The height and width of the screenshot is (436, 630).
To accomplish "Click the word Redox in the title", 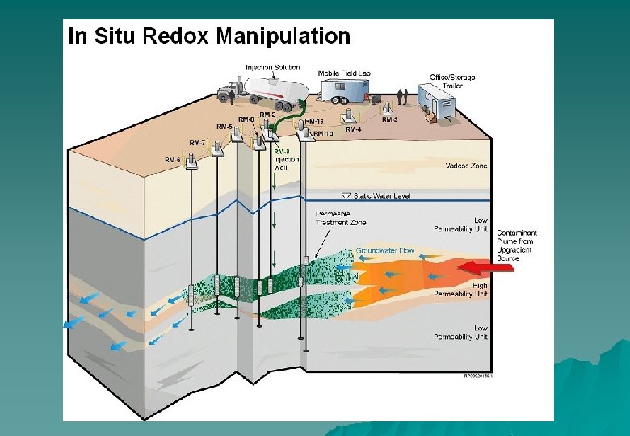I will click(177, 36).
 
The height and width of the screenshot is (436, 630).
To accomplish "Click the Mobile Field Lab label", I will click(344, 73).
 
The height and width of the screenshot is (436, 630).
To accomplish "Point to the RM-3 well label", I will click(389, 120).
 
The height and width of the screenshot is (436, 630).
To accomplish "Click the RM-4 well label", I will click(354, 129).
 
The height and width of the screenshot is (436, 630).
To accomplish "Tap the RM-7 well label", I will click(197, 143).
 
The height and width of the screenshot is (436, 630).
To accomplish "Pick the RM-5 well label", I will click(224, 127).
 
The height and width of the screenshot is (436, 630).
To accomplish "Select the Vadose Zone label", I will click(467, 166).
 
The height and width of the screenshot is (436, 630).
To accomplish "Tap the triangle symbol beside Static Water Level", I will click(346, 196).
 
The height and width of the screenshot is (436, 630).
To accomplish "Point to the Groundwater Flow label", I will click(385, 251).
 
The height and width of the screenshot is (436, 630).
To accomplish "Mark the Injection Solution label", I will click(273, 67).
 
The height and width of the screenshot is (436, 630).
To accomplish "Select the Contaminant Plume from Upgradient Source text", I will click(517, 245).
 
